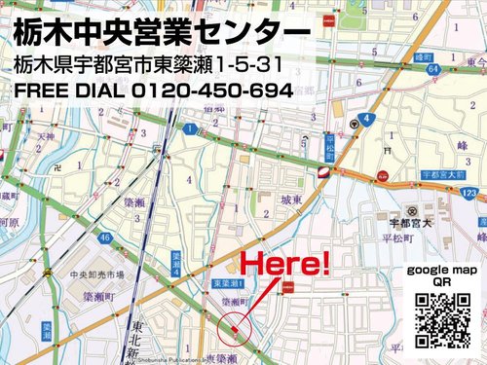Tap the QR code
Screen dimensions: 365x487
tap(443, 320)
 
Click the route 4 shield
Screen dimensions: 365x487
tap(365, 119)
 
